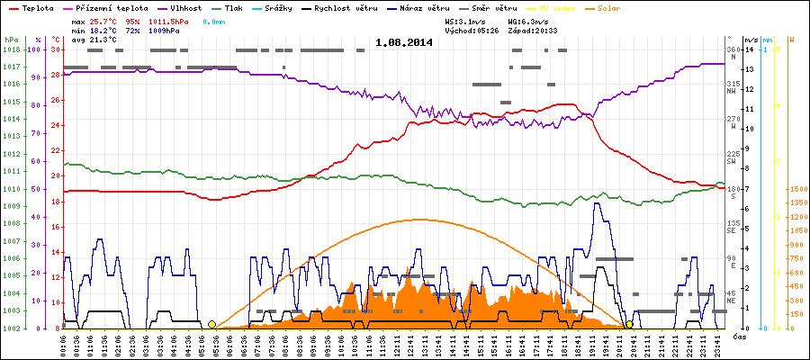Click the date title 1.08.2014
click(404, 41)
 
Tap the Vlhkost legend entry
click(180, 7)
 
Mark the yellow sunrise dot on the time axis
click(211, 324)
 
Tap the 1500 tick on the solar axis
click(797, 190)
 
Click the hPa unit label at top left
click(11, 40)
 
